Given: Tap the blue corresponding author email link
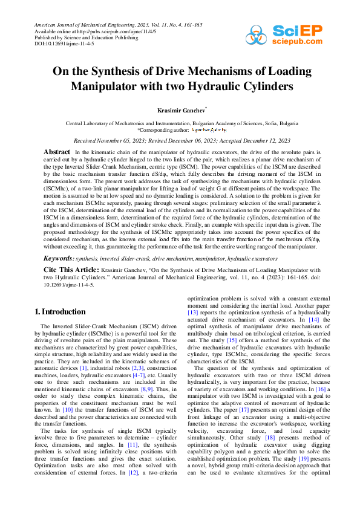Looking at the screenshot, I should tap(209, 129).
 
